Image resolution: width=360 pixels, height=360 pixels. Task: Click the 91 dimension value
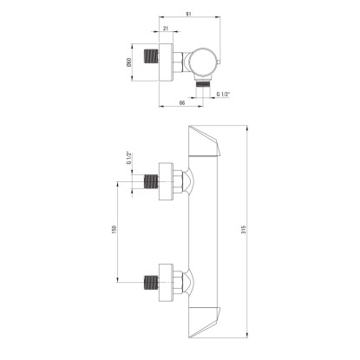[188, 14]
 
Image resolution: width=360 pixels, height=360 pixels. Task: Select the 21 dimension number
[166, 28]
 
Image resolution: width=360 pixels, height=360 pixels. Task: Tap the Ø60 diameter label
[129, 62]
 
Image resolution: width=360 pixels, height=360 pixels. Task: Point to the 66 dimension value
[182, 102]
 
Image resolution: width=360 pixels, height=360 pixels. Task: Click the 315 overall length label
[244, 229]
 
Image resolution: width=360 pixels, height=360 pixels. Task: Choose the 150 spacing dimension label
[114, 229]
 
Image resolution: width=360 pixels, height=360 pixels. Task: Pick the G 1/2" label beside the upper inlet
[129, 158]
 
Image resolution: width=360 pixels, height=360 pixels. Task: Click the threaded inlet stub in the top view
[152, 56]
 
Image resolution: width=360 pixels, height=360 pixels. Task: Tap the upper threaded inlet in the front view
[152, 181]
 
